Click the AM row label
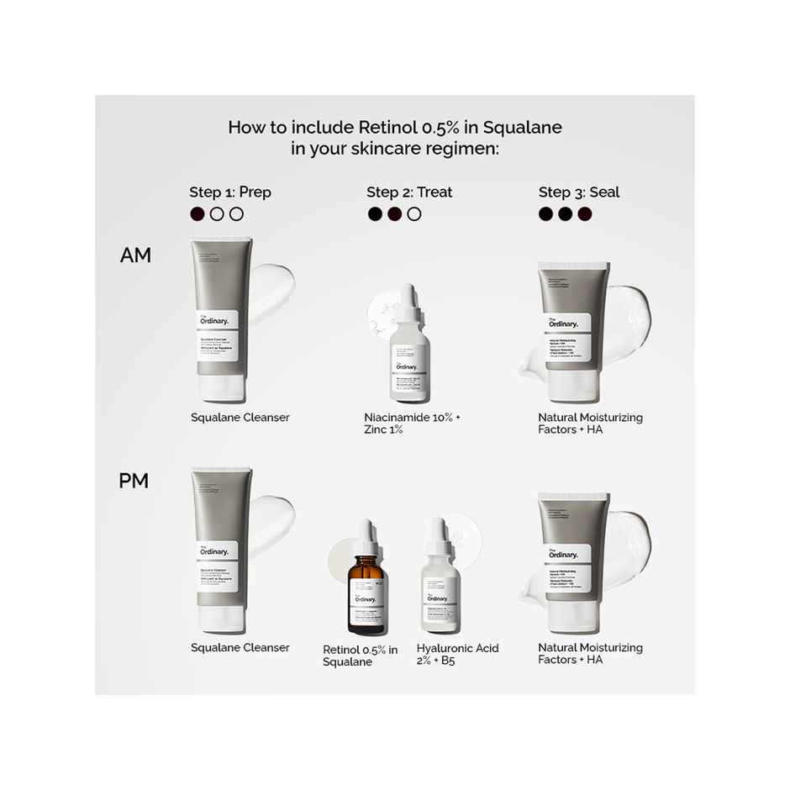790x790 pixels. tap(135, 255)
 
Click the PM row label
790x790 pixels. tap(134, 482)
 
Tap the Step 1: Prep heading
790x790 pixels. tap(230, 192)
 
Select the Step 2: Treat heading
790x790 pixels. tap(409, 192)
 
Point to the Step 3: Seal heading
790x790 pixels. tap(579, 192)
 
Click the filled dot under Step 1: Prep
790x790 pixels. tap(197, 214)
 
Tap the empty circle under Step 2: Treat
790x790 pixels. tap(414, 214)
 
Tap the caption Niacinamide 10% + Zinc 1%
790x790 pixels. tap(412, 424)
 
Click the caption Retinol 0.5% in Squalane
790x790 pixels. tap(361, 656)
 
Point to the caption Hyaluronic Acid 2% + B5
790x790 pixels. tap(457, 654)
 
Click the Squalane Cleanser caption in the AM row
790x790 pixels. tap(240, 418)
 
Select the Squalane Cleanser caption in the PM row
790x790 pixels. tap(240, 648)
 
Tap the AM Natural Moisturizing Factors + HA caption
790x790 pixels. tap(590, 424)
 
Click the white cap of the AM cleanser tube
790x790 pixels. tap(222, 388)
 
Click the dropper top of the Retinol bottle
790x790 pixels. tap(366, 535)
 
